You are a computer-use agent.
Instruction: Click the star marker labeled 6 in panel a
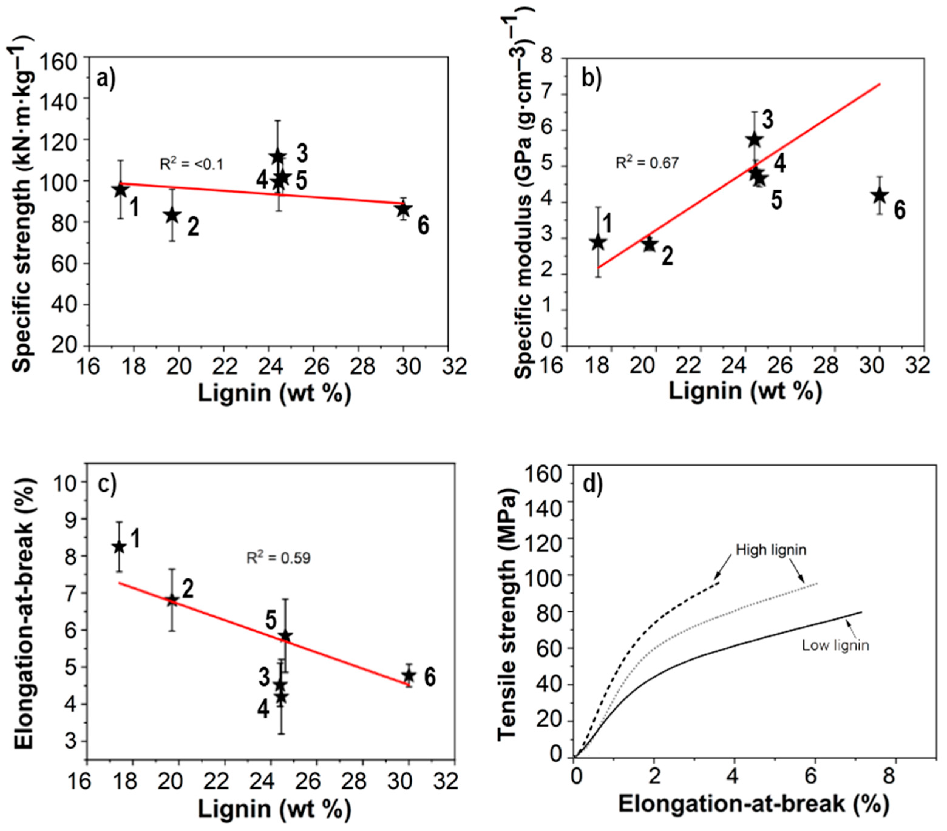click(x=404, y=210)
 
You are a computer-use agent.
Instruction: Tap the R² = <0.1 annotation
click(x=191, y=164)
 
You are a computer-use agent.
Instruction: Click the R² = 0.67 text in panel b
click(x=647, y=163)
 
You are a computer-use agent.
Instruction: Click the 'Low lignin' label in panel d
click(x=835, y=645)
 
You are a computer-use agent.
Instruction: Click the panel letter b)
click(x=591, y=79)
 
